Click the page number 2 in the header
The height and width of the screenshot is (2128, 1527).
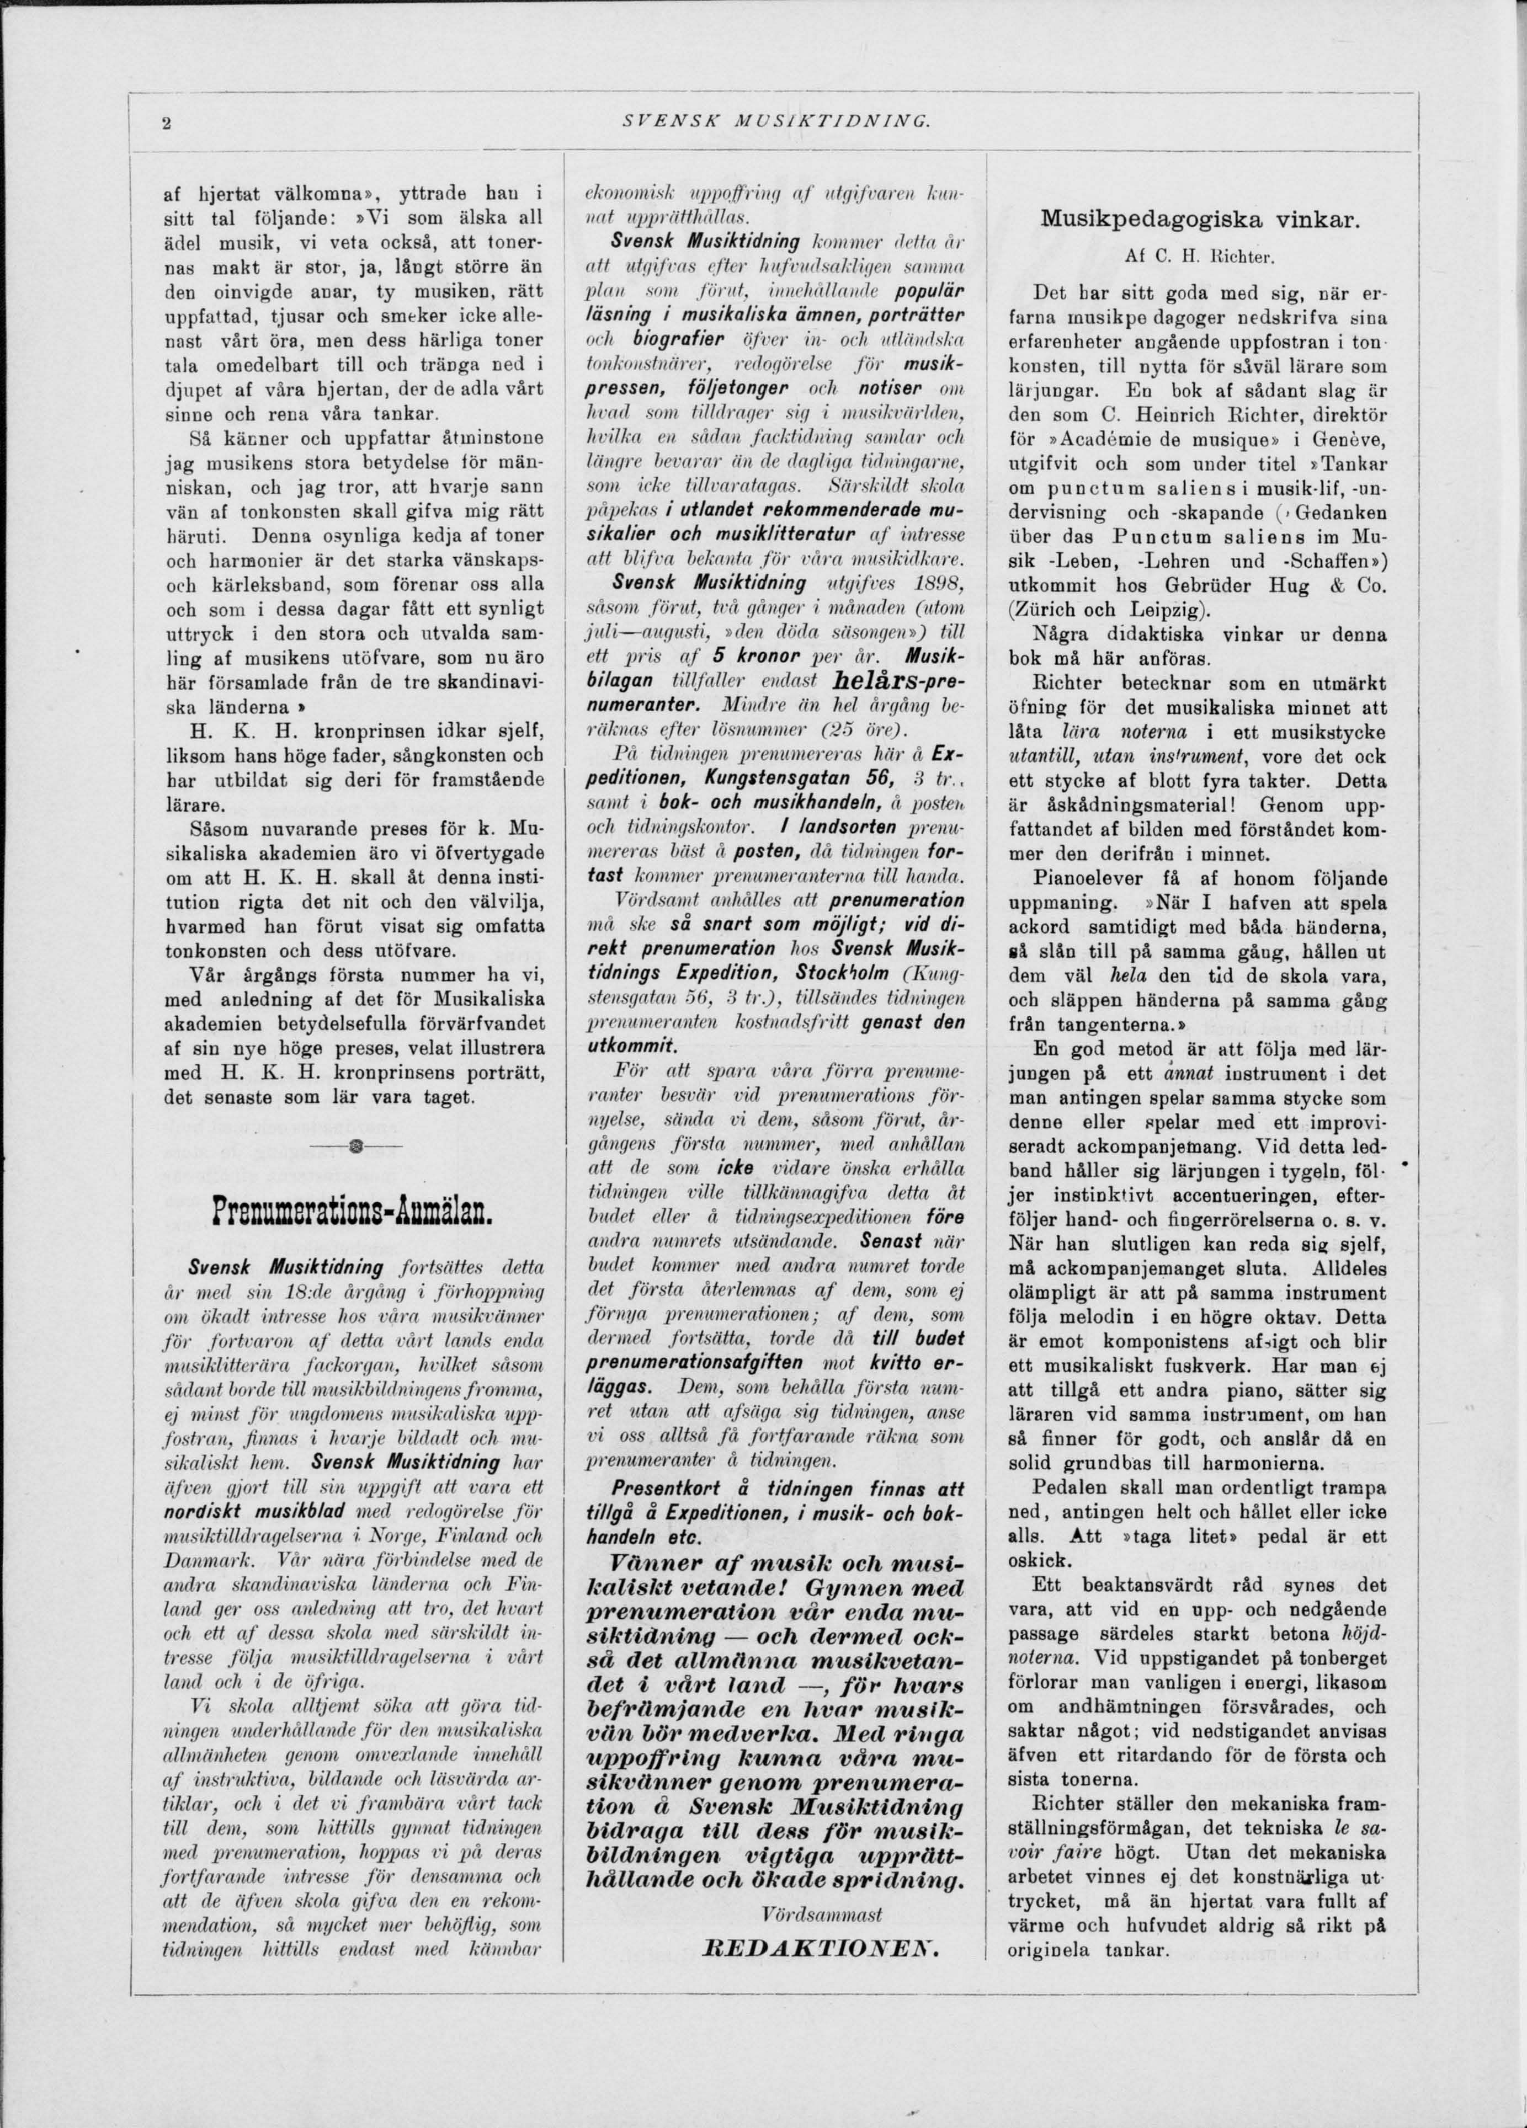point(165,121)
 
